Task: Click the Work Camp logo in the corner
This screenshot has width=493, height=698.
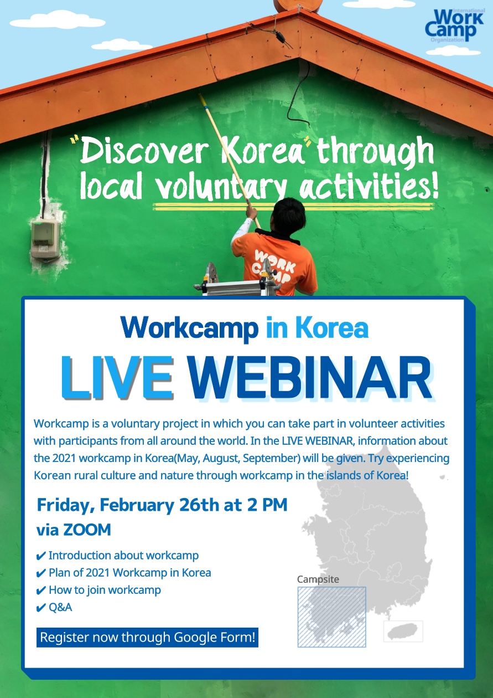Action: [x=455, y=25]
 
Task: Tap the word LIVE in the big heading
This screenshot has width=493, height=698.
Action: [x=117, y=378]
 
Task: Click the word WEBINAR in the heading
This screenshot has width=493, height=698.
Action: [x=310, y=378]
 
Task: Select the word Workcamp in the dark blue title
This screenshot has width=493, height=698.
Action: [x=190, y=328]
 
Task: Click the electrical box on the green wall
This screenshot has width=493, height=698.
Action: [x=46, y=239]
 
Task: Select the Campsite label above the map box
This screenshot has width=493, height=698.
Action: [x=318, y=579]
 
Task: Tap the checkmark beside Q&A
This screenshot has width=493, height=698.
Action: [x=41, y=608]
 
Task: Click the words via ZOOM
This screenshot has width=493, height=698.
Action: [x=74, y=530]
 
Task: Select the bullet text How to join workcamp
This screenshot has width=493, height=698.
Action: [x=105, y=590]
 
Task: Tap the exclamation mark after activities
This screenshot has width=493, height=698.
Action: [x=434, y=187]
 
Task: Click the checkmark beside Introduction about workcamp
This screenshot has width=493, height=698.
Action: [x=41, y=556]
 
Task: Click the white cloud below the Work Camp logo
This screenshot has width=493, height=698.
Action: [x=453, y=50]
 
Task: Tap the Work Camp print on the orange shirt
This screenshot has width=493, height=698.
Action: [x=274, y=266]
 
